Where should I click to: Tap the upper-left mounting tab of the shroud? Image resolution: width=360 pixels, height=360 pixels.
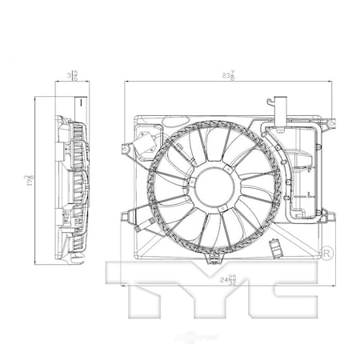click(x=122, y=148)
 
